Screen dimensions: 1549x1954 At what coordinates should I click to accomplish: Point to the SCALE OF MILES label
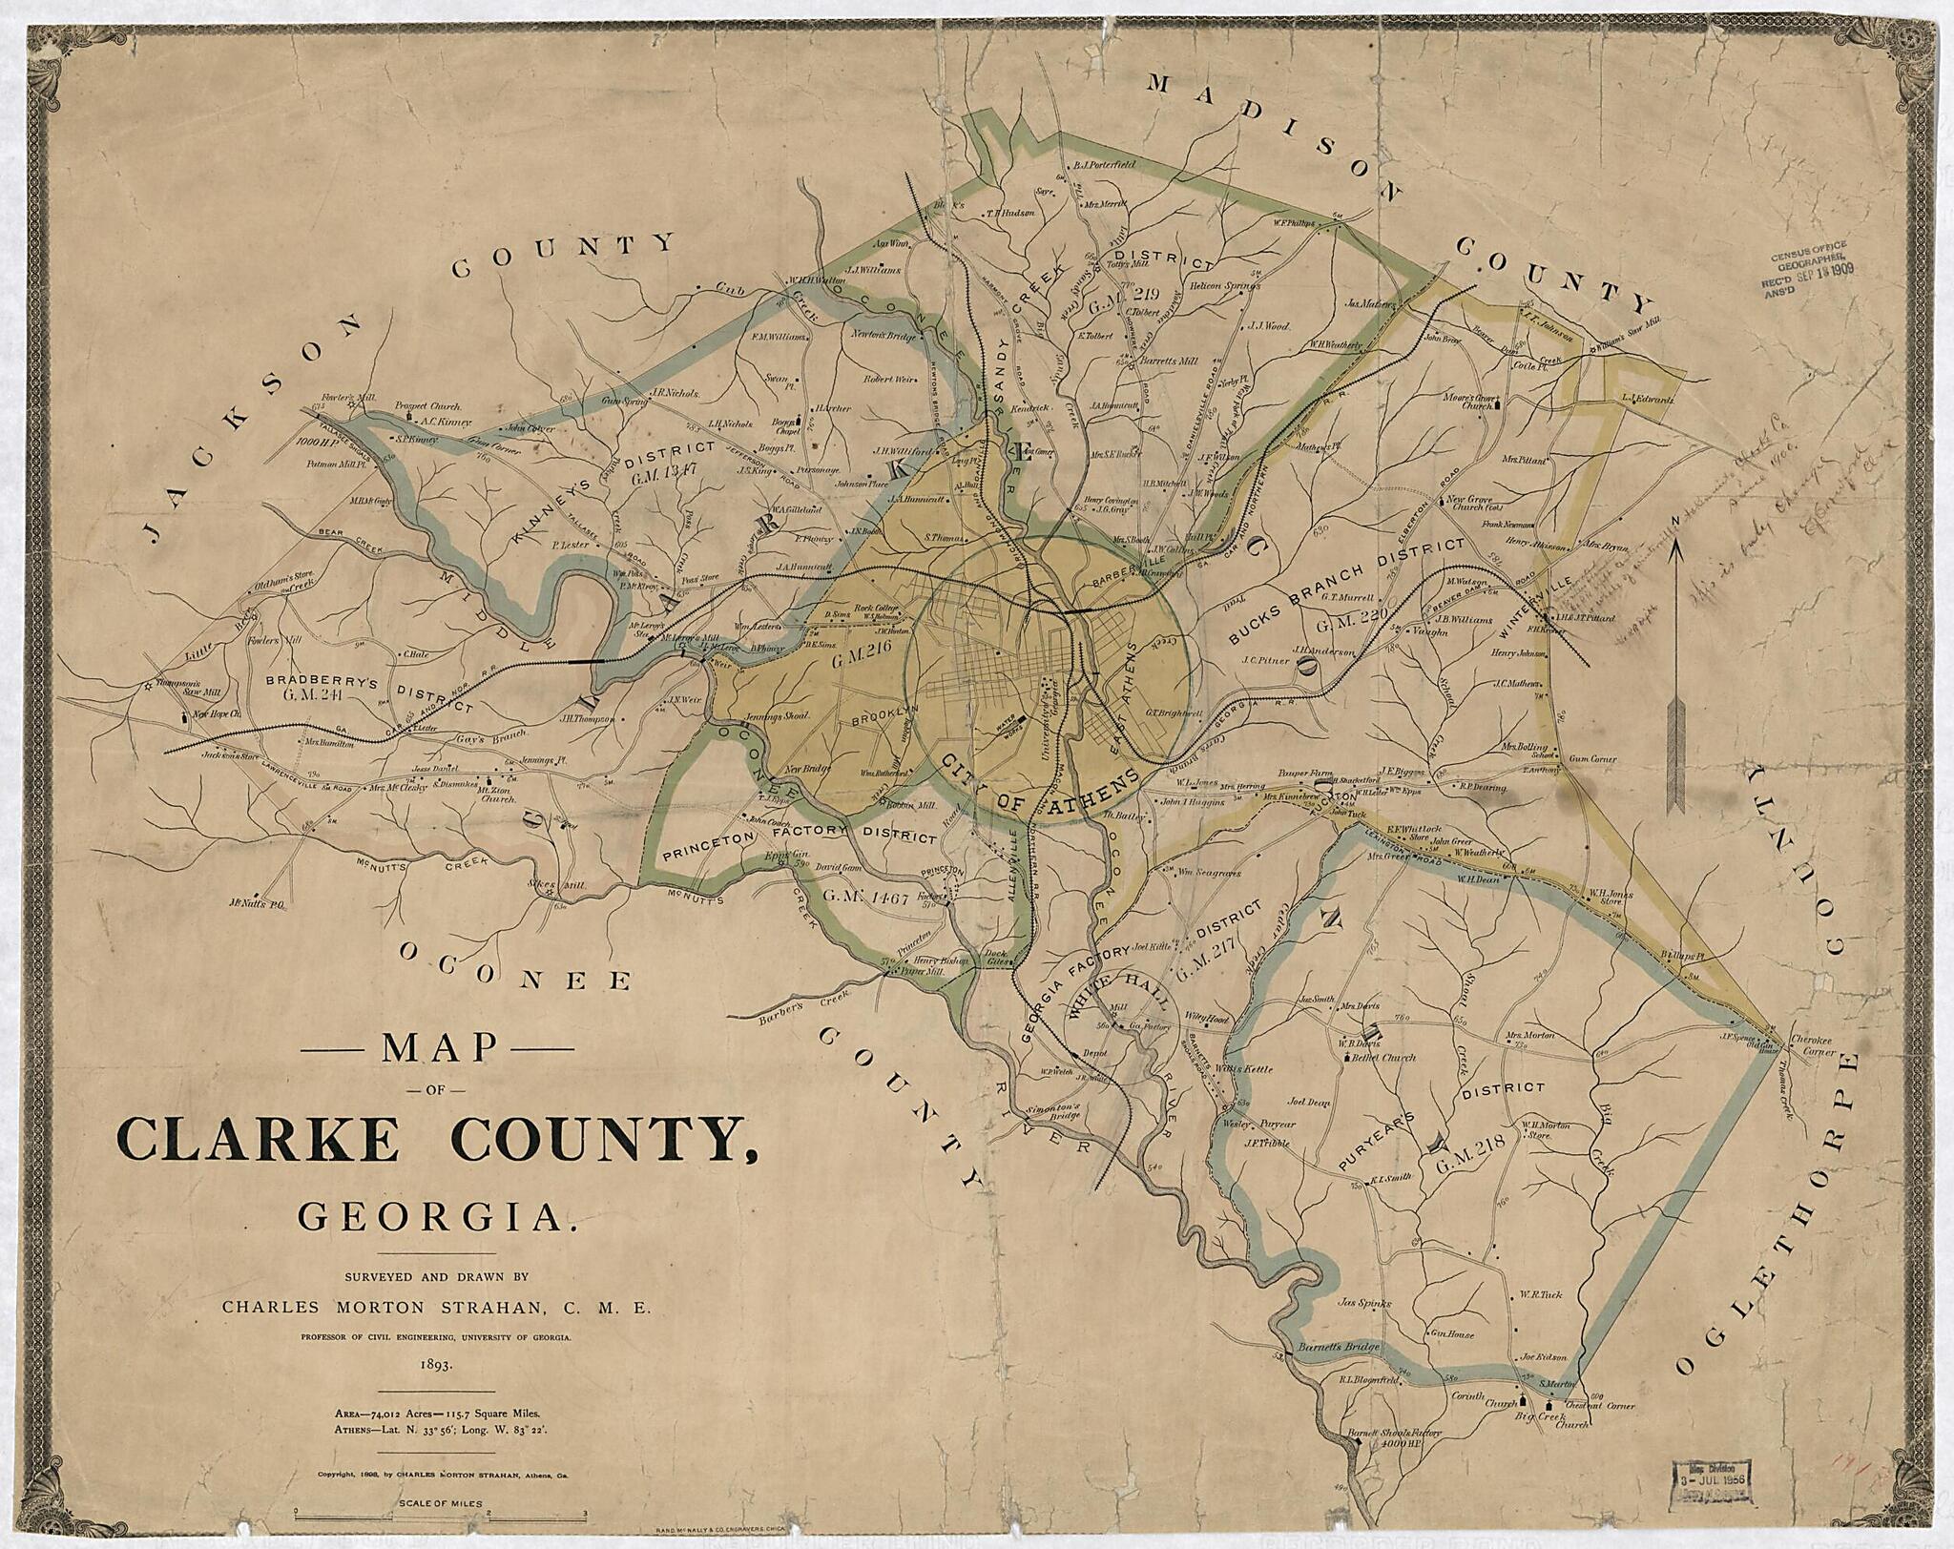[437, 1507]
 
